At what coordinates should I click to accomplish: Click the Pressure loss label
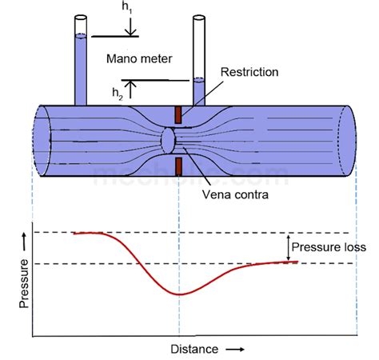click(x=329, y=247)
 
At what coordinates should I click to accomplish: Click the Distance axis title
click(x=193, y=350)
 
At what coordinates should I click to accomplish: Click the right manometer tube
click(x=199, y=60)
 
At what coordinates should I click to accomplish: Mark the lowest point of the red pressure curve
click(x=178, y=294)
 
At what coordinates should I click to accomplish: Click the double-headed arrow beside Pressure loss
click(x=287, y=247)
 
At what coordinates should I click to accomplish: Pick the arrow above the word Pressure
click(x=24, y=238)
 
